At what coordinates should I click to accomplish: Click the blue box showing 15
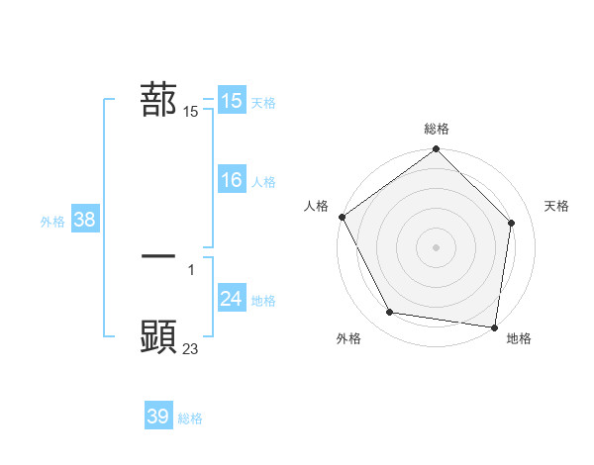click(x=231, y=100)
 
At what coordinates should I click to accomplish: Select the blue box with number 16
click(x=231, y=180)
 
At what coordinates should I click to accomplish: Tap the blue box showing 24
click(x=231, y=299)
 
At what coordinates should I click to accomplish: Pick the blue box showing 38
click(x=84, y=220)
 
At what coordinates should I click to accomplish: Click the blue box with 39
click(x=157, y=417)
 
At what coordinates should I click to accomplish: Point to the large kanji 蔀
click(x=158, y=100)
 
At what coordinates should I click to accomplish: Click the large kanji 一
click(x=158, y=255)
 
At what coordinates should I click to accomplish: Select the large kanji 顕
click(x=158, y=336)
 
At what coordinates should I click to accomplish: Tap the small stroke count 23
click(x=191, y=348)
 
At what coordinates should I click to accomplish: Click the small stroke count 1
click(x=191, y=269)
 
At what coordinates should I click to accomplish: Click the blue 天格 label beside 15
click(x=263, y=102)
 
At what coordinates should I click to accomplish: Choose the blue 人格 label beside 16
click(x=263, y=182)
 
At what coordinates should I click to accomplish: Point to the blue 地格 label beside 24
click(x=263, y=301)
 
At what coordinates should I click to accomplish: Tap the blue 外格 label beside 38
click(x=52, y=222)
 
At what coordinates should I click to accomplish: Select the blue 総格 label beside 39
click(x=190, y=418)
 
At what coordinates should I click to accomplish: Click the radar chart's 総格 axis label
click(x=437, y=129)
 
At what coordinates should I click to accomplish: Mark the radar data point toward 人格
click(x=343, y=217)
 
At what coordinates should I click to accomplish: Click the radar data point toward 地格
click(x=493, y=326)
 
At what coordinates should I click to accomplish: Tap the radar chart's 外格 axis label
click(x=348, y=338)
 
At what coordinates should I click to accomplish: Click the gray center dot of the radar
click(x=437, y=246)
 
